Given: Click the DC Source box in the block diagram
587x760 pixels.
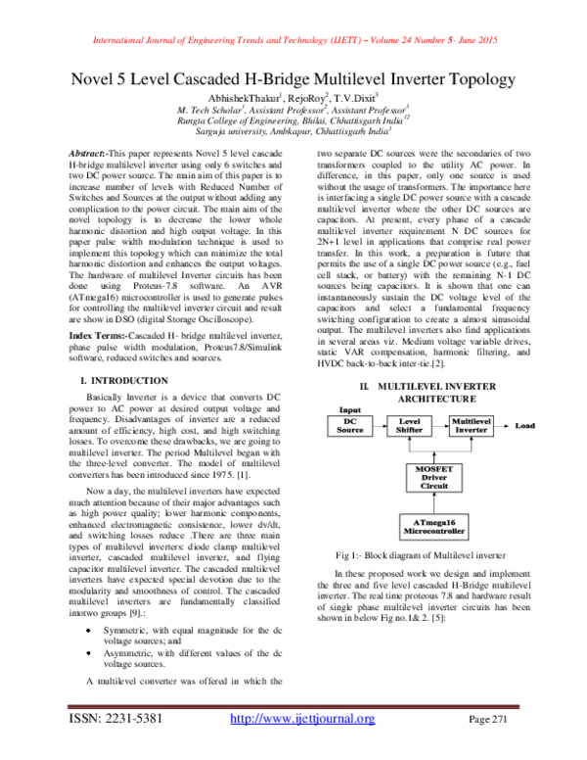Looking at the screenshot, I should (x=350, y=424).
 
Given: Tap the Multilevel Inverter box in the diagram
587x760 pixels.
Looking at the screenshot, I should (x=473, y=424).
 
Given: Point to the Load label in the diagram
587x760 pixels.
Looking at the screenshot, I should (x=525, y=426).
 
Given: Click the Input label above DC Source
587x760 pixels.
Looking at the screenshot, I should (x=339, y=408).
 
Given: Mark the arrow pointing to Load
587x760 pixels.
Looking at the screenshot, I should (x=505, y=426).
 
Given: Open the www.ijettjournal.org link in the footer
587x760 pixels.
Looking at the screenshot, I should (x=301, y=746).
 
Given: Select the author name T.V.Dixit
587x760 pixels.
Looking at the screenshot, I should (x=326, y=98).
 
